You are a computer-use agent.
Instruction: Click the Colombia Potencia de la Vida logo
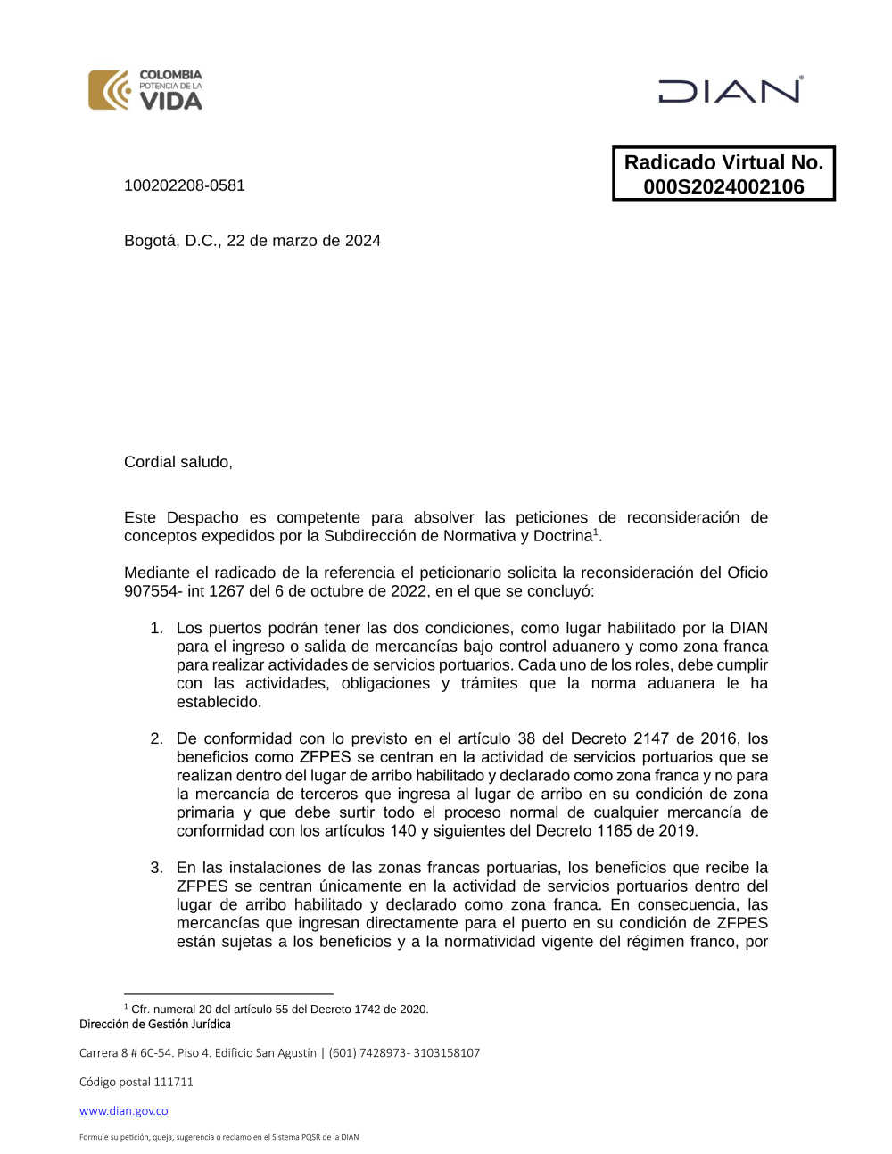[145, 90]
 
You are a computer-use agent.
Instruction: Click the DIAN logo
[731, 91]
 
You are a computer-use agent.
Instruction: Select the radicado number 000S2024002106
[723, 187]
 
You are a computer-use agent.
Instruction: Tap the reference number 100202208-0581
[185, 185]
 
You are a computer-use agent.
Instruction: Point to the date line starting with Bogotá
[252, 241]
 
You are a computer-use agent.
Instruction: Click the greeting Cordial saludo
[178, 462]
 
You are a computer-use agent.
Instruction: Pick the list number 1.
[156, 629]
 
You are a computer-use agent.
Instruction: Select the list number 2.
[156, 739]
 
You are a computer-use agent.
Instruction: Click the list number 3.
[156, 868]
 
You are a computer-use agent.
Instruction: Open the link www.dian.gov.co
[124, 1111]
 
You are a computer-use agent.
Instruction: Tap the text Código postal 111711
[136, 1082]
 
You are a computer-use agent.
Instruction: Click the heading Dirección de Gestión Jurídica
[155, 1025]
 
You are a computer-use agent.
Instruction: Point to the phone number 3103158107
[447, 1053]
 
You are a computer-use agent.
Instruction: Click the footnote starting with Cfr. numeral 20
[279, 1010]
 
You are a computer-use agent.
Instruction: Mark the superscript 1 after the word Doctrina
[596, 532]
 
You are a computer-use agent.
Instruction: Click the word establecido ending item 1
[219, 703]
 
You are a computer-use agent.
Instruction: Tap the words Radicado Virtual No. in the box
[723, 162]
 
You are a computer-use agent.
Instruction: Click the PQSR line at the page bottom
[219, 1137]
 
